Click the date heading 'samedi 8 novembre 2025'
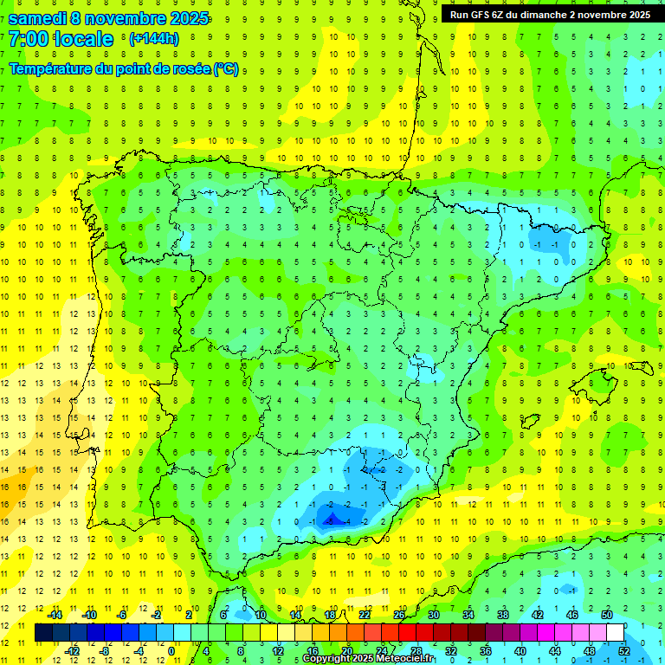pos(107,18)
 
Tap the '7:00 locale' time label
pos(61,39)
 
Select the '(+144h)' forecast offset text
pos(153,39)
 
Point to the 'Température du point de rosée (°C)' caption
pos(124,69)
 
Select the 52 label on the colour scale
pos(624,650)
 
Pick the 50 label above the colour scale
pos(606,615)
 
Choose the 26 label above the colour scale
pos(399,615)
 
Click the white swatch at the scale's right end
pos(616,632)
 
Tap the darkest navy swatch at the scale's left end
pos(44,632)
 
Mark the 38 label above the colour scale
pos(503,615)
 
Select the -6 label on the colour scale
pos(123,615)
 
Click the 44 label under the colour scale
pos(555,650)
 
